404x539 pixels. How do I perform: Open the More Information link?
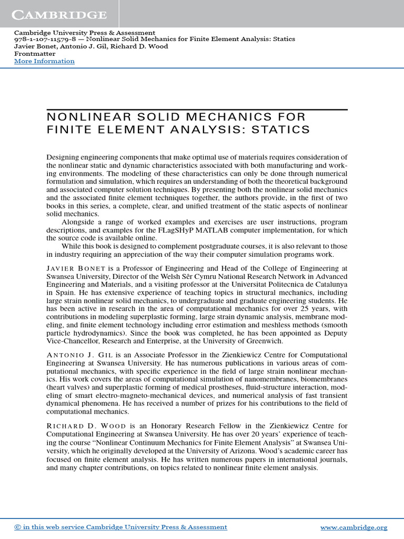point(44,61)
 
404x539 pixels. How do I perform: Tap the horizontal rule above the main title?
point(197,109)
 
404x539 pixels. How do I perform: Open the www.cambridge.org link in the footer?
point(353,527)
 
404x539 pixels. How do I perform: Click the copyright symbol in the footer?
point(18,527)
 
